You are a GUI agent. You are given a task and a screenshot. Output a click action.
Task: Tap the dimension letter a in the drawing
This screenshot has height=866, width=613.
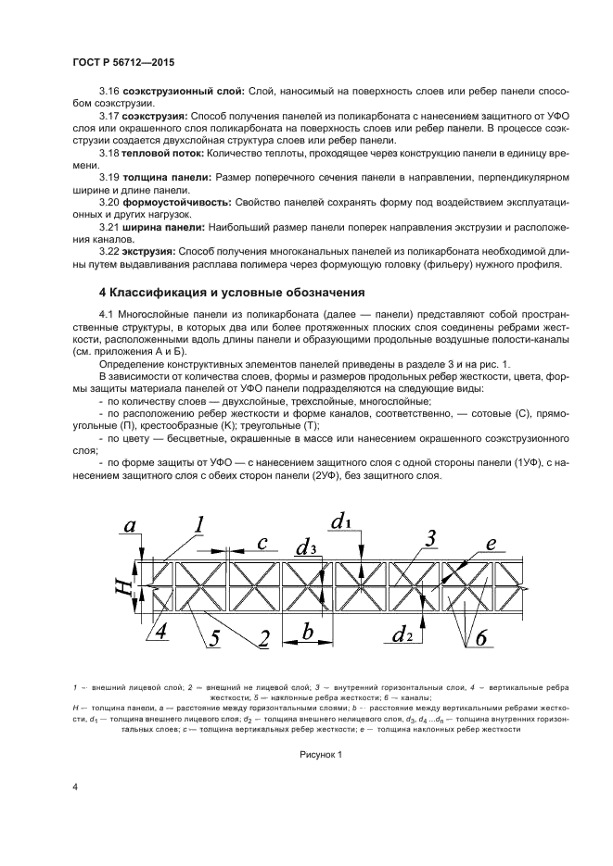pyautogui.click(x=130, y=526)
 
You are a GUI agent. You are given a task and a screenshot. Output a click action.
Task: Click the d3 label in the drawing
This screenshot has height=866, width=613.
pyautogui.click(x=307, y=547)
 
